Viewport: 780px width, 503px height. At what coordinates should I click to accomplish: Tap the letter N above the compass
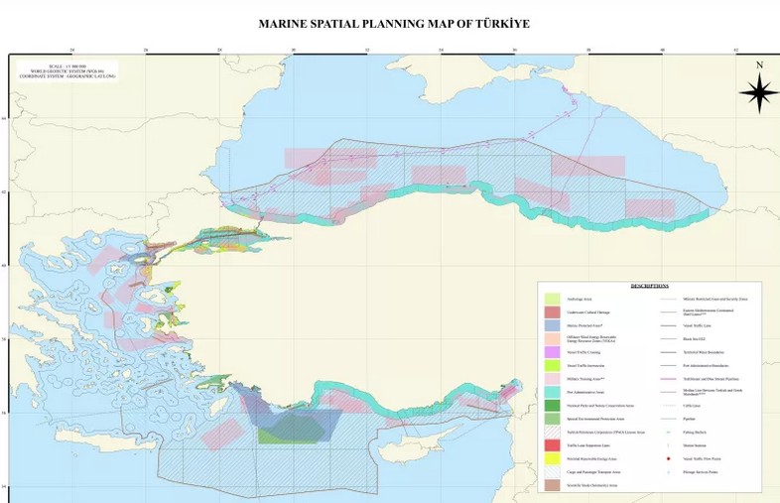point(759,65)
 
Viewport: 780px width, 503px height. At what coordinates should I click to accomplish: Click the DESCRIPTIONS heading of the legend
point(649,286)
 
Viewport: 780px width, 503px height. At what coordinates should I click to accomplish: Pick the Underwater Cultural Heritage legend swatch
point(552,313)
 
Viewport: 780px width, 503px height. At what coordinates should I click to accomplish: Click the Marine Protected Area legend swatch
point(552,325)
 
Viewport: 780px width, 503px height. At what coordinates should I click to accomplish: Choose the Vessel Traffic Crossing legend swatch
point(552,352)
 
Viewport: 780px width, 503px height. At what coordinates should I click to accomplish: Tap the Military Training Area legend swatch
point(552,379)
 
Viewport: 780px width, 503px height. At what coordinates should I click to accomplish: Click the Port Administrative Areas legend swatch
point(552,392)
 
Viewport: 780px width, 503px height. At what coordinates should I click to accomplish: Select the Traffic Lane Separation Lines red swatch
point(552,445)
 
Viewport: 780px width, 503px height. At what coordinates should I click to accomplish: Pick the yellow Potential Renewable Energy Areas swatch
point(552,459)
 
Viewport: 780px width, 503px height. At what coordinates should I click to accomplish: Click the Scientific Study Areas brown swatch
point(552,486)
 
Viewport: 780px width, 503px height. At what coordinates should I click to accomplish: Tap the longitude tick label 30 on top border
point(293,49)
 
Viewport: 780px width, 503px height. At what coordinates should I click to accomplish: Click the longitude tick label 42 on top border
point(735,49)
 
